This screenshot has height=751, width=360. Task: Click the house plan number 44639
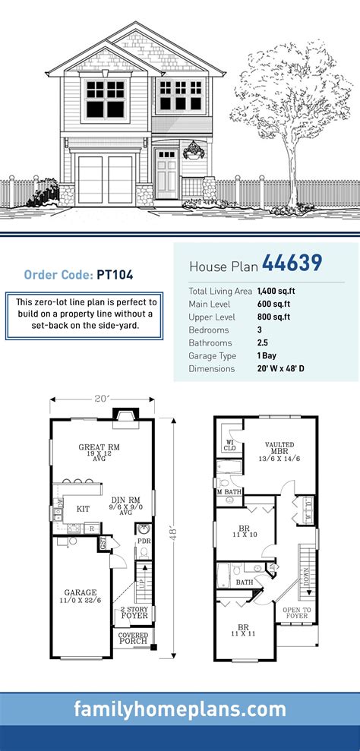(x=292, y=263)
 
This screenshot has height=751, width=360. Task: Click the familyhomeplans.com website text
(x=180, y=710)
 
